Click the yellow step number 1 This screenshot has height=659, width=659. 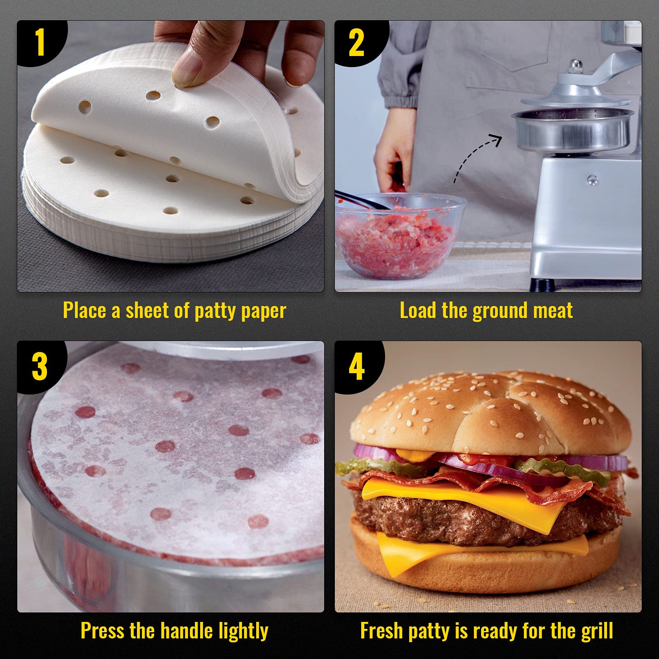pyautogui.click(x=40, y=42)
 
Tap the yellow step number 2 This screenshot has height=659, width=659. pyautogui.click(x=356, y=43)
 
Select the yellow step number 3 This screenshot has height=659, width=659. pyautogui.click(x=40, y=367)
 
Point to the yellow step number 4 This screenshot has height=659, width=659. pyautogui.click(x=357, y=367)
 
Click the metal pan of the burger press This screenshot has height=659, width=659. pyautogui.click(x=573, y=130)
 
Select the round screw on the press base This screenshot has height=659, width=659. pyautogui.click(x=593, y=179)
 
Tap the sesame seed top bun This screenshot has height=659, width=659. pyautogui.click(x=490, y=412)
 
